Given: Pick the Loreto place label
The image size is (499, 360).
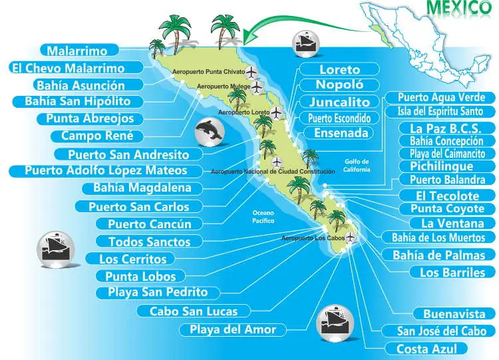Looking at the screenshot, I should (339, 69).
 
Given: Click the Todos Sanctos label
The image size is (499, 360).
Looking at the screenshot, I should (149, 242).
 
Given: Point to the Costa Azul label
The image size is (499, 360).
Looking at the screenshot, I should (432, 348).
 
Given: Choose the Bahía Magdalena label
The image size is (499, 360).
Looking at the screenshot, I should (142, 187).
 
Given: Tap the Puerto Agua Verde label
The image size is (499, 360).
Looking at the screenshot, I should (442, 98).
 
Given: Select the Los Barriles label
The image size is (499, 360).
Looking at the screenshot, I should (452, 271).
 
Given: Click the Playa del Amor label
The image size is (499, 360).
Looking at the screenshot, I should (233, 329).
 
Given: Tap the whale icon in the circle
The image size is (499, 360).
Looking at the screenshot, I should (212, 132).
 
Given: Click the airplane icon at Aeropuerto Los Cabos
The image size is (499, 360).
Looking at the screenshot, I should (350, 238).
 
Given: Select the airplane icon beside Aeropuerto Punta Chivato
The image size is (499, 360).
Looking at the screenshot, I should (251, 72).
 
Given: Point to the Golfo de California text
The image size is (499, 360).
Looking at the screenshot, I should (356, 165).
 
